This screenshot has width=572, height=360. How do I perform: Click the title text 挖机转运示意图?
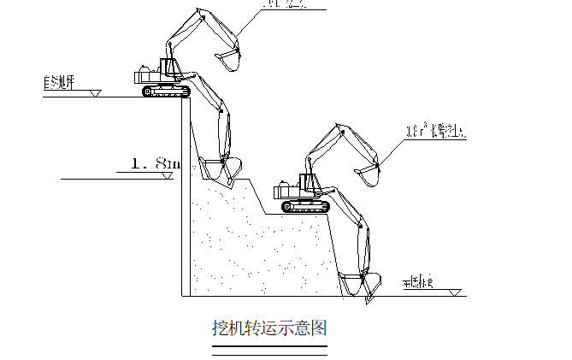(x=269, y=328)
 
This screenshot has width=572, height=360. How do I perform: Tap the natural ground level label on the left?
(x=59, y=84)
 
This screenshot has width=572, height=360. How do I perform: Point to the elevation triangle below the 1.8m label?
(x=168, y=175)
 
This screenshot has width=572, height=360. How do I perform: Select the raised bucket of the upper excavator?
(x=226, y=60)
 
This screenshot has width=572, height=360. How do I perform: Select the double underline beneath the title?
(x=269, y=348)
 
